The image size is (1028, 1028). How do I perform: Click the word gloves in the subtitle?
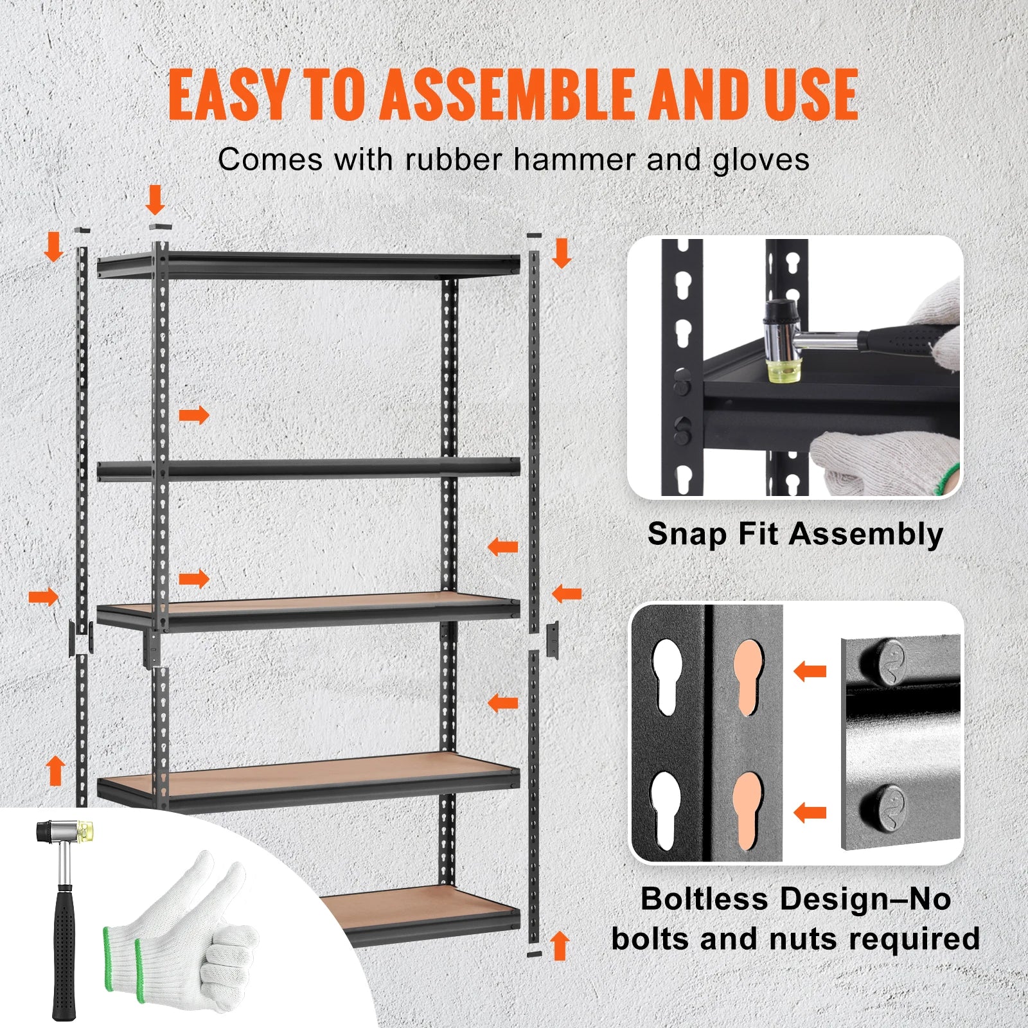point(761,160)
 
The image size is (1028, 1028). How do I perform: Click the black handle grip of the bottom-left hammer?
point(64,951)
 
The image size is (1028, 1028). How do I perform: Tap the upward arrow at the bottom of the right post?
point(560,946)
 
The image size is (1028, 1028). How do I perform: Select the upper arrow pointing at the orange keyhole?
point(810,672)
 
